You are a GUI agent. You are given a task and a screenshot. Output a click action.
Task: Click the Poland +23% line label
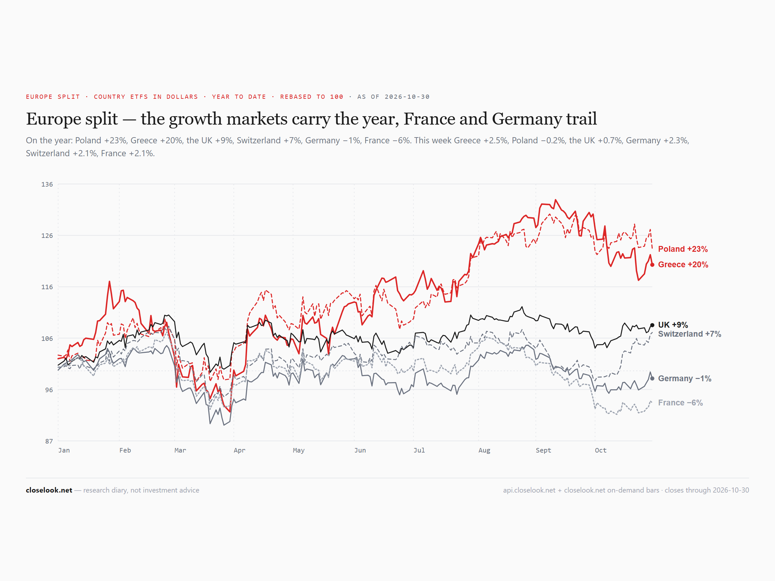(x=683, y=249)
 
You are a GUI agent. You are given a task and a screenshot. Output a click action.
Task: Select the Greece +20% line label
(x=683, y=264)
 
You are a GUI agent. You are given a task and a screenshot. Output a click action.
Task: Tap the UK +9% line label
(x=673, y=325)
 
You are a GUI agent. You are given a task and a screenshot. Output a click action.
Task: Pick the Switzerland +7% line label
(x=689, y=334)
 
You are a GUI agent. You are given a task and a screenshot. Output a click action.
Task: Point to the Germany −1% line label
(x=685, y=378)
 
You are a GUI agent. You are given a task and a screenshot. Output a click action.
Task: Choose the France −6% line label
(x=680, y=403)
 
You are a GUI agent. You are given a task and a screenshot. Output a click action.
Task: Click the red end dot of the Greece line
(x=652, y=265)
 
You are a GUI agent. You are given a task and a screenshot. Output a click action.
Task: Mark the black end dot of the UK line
(x=652, y=325)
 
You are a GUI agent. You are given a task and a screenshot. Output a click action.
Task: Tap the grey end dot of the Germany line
(x=652, y=378)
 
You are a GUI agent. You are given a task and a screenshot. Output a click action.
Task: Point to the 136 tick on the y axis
(x=47, y=184)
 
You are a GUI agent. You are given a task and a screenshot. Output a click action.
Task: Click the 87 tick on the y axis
(x=49, y=441)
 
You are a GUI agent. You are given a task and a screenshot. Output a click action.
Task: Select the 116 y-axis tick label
(x=47, y=287)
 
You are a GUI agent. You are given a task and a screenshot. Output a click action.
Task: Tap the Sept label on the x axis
(x=543, y=450)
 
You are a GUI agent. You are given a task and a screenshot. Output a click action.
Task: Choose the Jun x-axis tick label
(x=360, y=450)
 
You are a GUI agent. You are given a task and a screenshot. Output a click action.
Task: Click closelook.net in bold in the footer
(x=49, y=490)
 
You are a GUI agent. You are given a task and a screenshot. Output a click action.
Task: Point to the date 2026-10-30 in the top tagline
(x=407, y=97)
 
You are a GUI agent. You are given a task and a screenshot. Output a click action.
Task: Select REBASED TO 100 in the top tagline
(x=312, y=97)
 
